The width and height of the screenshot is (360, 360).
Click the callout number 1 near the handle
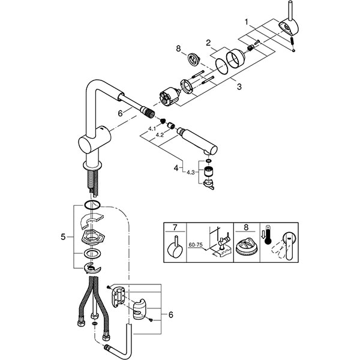[x=247, y=22]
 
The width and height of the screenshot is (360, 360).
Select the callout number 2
[x=208, y=43]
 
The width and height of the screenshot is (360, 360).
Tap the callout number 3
[x=239, y=86]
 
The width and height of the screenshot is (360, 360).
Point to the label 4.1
[x=152, y=129]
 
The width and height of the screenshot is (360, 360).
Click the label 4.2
[x=160, y=135]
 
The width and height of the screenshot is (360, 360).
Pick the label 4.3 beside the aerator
[x=191, y=172]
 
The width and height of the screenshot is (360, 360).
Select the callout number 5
[x=63, y=237]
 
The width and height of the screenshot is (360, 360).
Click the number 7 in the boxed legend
[x=175, y=227]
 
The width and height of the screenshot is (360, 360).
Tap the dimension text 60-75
[x=196, y=245]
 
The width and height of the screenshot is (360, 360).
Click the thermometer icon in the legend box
[x=268, y=235]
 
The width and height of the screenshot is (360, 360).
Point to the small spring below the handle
[x=292, y=42]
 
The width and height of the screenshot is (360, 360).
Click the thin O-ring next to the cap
[x=222, y=66]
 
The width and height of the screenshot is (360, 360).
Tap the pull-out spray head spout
[x=197, y=142]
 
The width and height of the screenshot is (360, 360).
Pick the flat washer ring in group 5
[x=93, y=254]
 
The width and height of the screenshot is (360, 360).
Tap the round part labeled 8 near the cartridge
[x=194, y=59]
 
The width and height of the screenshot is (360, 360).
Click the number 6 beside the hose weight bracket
[x=170, y=314]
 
